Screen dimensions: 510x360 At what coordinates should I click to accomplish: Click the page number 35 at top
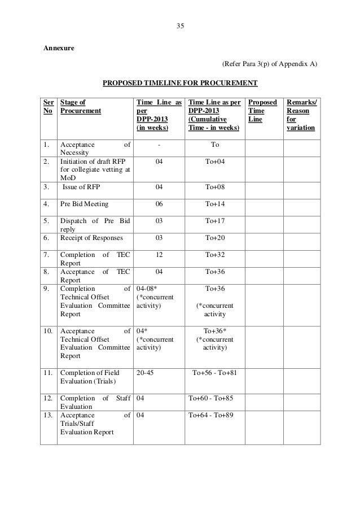(x=180, y=26)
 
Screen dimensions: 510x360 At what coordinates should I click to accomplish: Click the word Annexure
(x=59, y=47)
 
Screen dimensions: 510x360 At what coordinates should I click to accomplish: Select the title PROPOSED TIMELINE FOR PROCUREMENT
(x=179, y=84)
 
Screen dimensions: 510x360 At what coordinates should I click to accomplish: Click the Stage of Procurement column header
(x=80, y=107)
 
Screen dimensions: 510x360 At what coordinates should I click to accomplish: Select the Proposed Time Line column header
(x=263, y=111)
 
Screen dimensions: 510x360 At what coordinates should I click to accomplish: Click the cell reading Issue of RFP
(x=84, y=186)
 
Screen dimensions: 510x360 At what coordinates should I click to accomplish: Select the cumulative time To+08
(x=215, y=186)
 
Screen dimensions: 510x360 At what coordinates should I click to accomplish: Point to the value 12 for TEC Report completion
(x=158, y=255)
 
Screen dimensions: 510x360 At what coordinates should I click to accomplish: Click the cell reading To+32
(x=215, y=255)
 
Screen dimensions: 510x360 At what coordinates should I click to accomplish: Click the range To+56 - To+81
(x=214, y=372)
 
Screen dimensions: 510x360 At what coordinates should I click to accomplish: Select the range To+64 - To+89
(x=211, y=415)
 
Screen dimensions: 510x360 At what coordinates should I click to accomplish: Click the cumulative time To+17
(x=215, y=221)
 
